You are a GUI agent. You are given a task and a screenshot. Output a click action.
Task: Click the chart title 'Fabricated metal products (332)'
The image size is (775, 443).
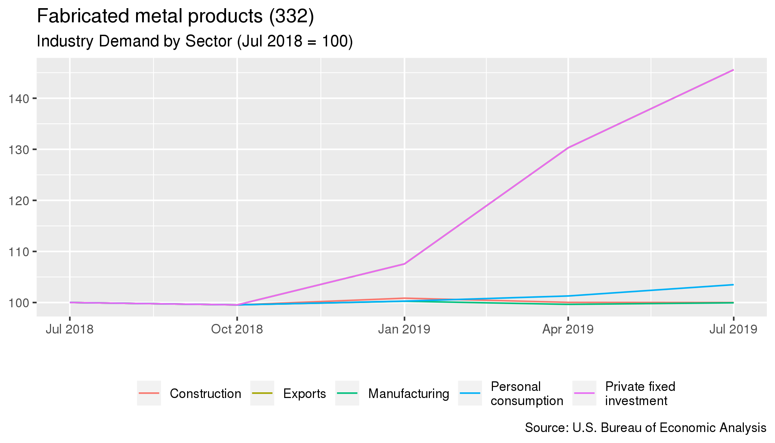coord(175,16)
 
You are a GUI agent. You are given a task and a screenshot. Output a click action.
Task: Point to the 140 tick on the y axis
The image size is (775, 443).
coord(19,99)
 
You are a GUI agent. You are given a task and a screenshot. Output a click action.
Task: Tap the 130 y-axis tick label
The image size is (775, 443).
coord(19,150)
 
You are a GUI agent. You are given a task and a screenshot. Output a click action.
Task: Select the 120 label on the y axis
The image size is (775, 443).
coord(19,201)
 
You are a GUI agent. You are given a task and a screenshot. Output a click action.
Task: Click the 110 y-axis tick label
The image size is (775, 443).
coord(19,252)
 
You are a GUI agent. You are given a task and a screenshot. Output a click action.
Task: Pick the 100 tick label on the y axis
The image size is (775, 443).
coord(19,303)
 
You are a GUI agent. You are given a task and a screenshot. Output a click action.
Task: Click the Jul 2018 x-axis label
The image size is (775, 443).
coord(69,329)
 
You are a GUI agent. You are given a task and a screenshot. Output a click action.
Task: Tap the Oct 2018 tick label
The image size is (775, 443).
coord(237,329)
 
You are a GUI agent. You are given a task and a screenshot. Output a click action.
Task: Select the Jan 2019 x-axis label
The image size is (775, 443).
coord(404,329)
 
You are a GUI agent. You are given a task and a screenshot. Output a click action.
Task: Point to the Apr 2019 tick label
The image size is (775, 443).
coord(568,329)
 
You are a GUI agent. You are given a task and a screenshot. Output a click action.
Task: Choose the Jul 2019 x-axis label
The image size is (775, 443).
coord(733,329)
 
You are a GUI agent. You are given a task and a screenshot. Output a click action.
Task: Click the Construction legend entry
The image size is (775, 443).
coord(205,394)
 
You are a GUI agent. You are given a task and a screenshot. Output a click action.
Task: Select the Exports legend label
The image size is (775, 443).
coord(304,394)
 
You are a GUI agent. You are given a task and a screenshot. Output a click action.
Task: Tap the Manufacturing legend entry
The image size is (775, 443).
coord(408,394)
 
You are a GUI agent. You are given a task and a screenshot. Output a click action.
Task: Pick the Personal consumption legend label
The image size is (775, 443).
coord(527,394)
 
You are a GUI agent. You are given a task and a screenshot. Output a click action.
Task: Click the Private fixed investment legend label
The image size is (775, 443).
coord(640,394)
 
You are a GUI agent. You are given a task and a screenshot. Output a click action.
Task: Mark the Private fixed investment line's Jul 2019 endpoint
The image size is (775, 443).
coord(733,70)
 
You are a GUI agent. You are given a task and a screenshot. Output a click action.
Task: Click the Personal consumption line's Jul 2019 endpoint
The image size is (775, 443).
coord(733,285)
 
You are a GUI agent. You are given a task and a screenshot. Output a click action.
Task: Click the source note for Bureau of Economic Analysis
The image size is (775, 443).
coord(645,428)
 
